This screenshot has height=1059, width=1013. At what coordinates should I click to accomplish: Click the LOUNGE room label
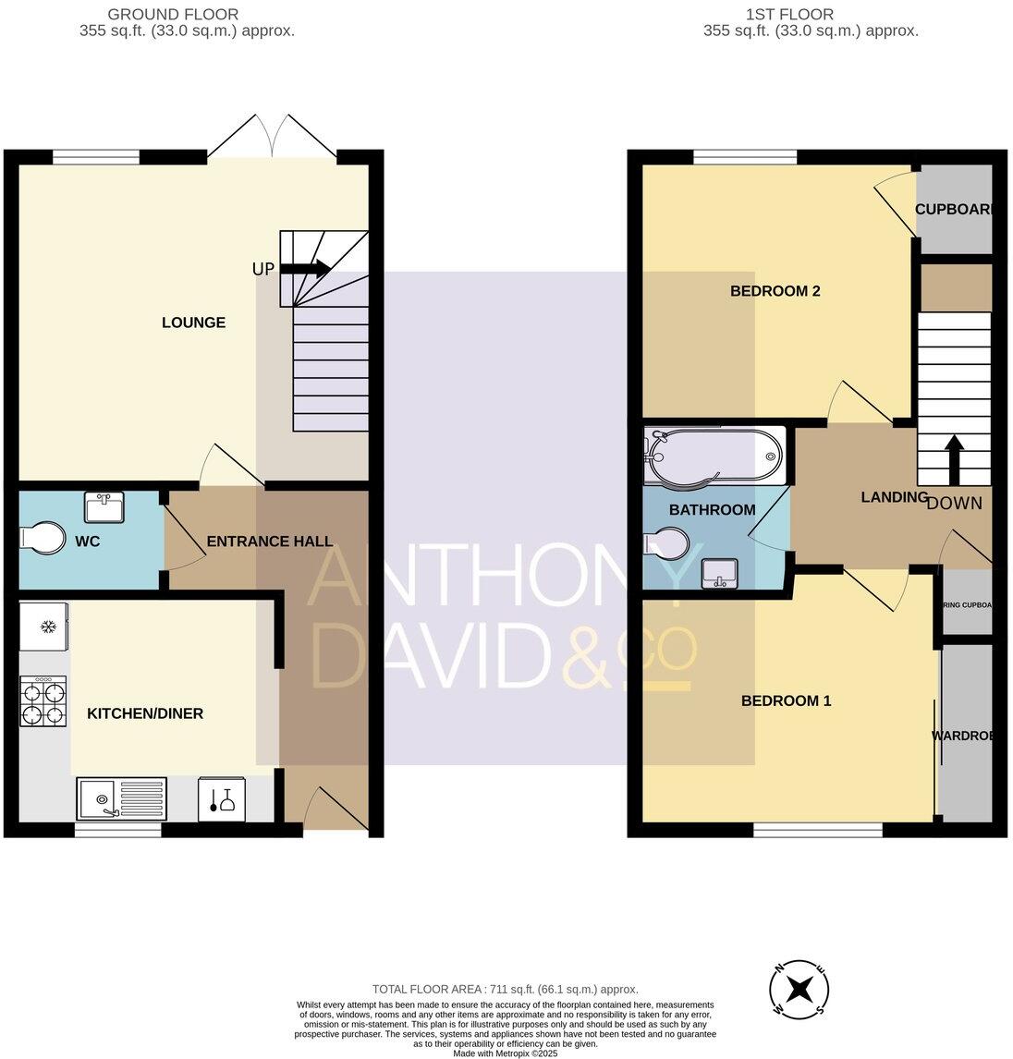pyautogui.click(x=193, y=323)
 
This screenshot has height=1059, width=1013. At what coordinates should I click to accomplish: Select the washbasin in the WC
pyautogui.click(x=104, y=507)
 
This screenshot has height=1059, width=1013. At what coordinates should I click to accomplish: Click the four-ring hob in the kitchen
pyautogui.click(x=43, y=702)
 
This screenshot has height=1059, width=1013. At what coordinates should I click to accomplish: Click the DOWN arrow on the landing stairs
pyautogui.click(x=953, y=456)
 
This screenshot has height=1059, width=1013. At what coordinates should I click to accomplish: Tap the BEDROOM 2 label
pyautogui.click(x=775, y=291)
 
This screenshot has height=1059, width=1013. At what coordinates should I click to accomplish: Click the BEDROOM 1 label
pyautogui.click(x=786, y=700)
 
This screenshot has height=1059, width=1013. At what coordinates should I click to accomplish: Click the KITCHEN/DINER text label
pyautogui.click(x=145, y=713)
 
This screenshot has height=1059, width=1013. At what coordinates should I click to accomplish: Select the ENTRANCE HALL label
pyautogui.click(x=269, y=542)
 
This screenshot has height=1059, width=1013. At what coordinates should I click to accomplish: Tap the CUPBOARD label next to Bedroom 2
pyautogui.click(x=955, y=210)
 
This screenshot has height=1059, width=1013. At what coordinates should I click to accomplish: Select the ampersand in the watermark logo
pyautogui.click(x=589, y=656)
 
